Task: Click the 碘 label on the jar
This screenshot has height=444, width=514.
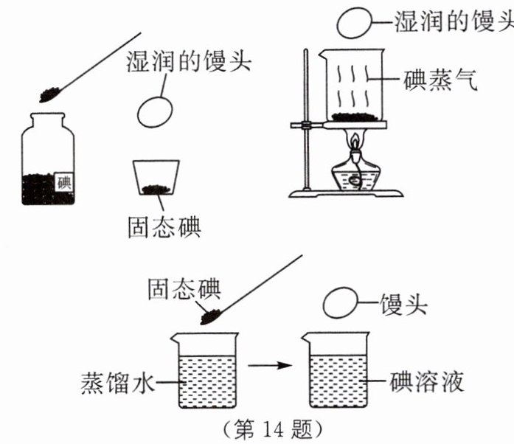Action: point(64,180)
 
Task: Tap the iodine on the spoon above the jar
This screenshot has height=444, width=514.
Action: point(50,94)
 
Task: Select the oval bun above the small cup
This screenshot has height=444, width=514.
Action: point(155,110)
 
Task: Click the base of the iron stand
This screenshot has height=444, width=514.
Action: point(347,193)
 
